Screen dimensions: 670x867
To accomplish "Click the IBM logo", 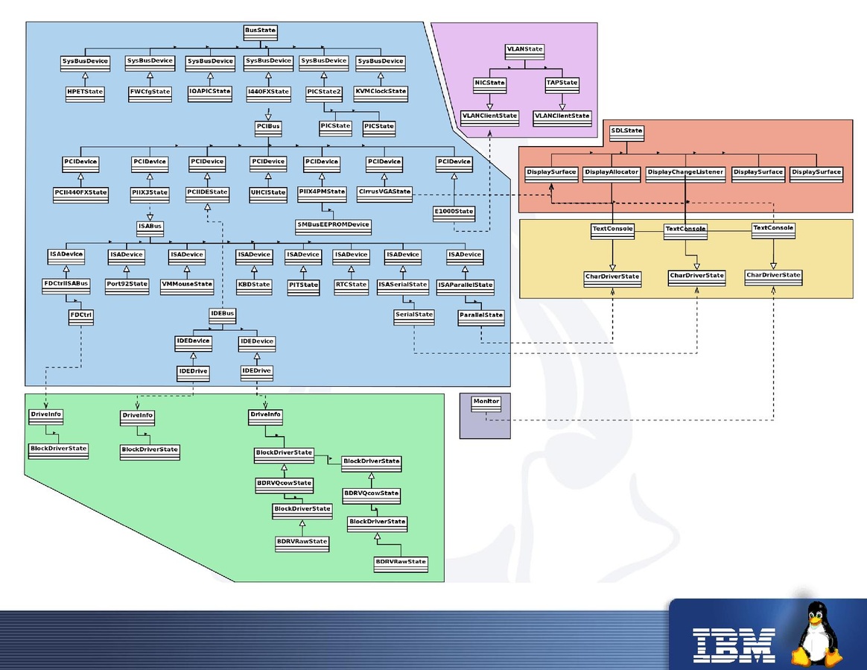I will (x=734, y=645).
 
